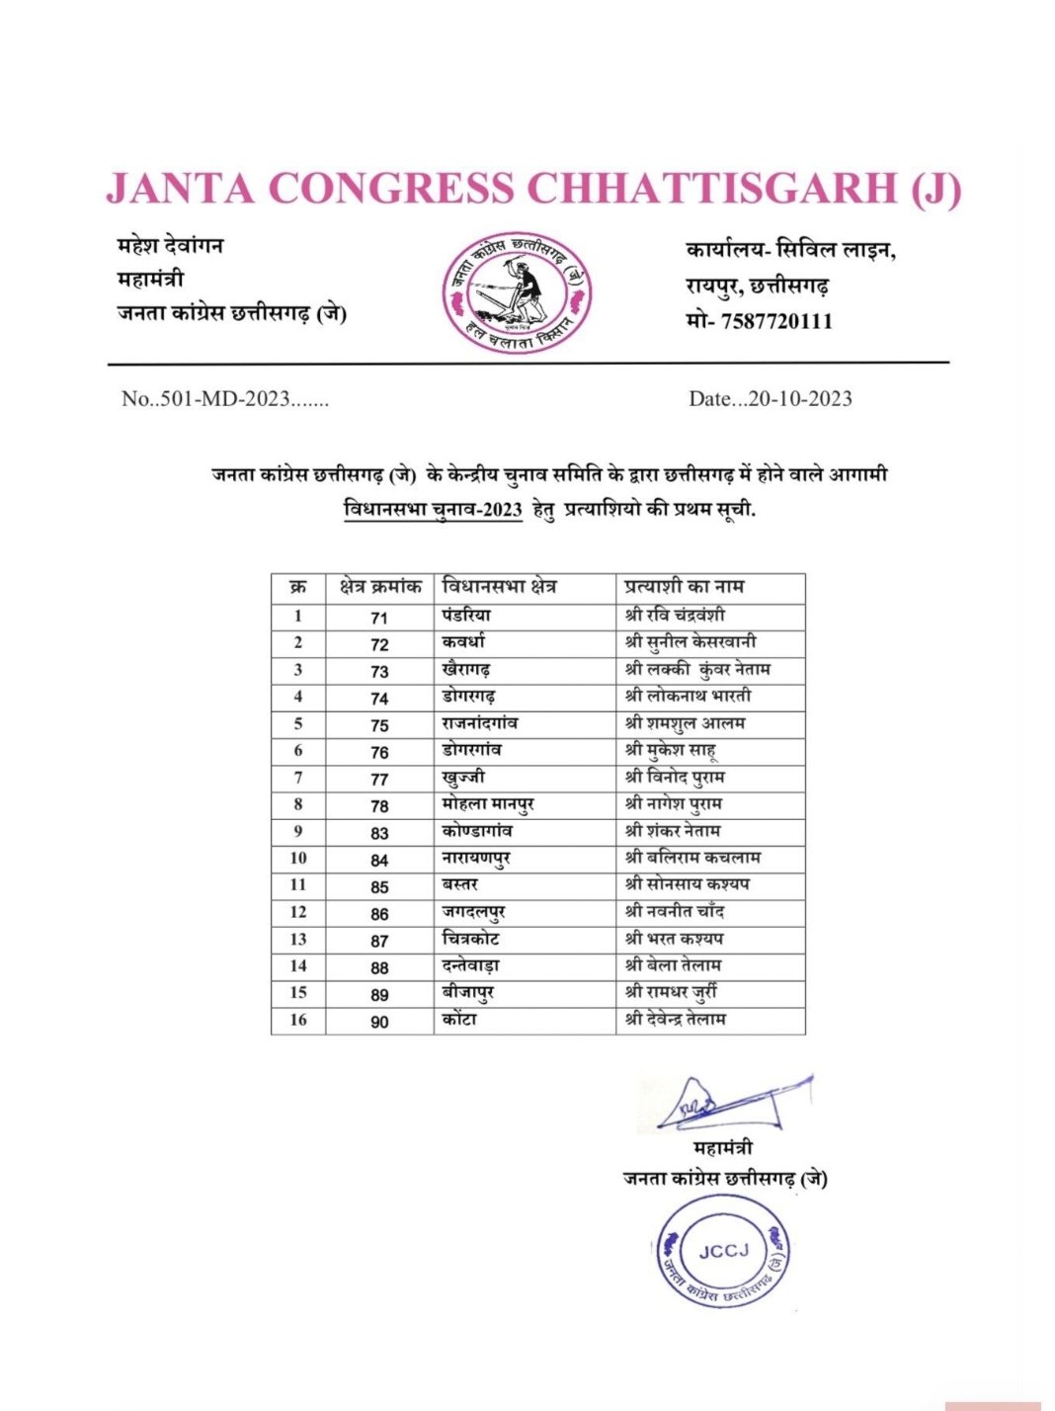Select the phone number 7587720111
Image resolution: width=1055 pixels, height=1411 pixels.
[776, 321]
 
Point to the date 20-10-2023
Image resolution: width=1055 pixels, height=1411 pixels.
[799, 399]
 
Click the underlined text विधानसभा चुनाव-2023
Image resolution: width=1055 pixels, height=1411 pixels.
[433, 511]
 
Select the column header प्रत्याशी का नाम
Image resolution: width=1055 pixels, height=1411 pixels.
[684, 587]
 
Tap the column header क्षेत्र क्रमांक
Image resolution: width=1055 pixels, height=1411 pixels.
[380, 587]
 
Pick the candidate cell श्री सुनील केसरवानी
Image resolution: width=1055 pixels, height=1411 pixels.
[690, 642]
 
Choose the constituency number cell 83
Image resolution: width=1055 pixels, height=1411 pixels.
[380, 833]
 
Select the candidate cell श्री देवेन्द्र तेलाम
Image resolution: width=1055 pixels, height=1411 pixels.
[676, 1019]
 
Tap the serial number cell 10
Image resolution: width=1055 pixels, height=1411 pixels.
[298, 859]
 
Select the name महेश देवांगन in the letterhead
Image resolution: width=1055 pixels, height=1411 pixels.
[171, 245]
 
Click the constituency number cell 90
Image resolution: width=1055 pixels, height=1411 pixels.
[380, 1022]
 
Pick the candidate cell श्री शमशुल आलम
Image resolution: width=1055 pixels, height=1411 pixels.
[685, 723]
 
